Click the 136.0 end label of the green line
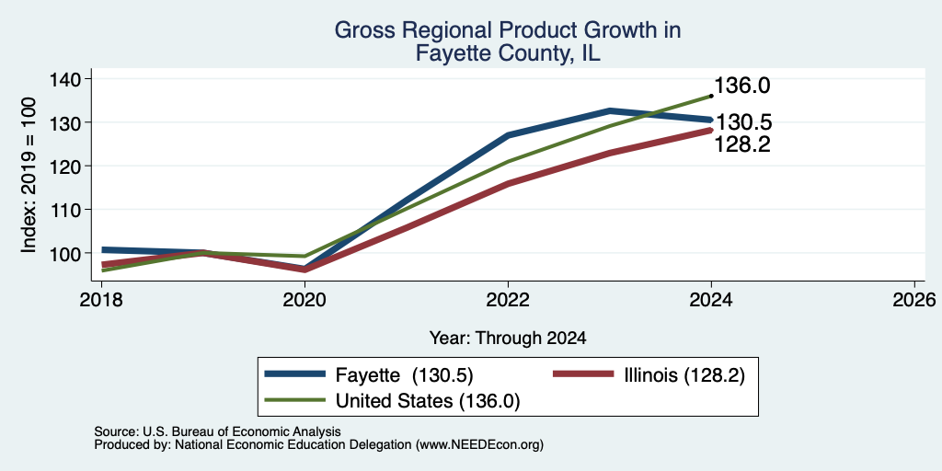click(x=742, y=86)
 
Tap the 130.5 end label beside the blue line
click(x=742, y=122)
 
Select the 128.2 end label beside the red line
click(x=742, y=144)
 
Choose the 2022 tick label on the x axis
click(x=508, y=299)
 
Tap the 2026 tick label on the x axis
click(x=913, y=299)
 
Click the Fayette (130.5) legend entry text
click(x=405, y=375)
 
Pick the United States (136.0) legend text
click(x=427, y=401)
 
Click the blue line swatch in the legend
click(x=294, y=374)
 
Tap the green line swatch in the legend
click(x=294, y=399)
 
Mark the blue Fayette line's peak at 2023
click(x=610, y=111)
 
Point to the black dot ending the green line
click(x=711, y=96)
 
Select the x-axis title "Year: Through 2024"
click(x=508, y=339)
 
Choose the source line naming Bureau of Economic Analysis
click(x=217, y=431)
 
